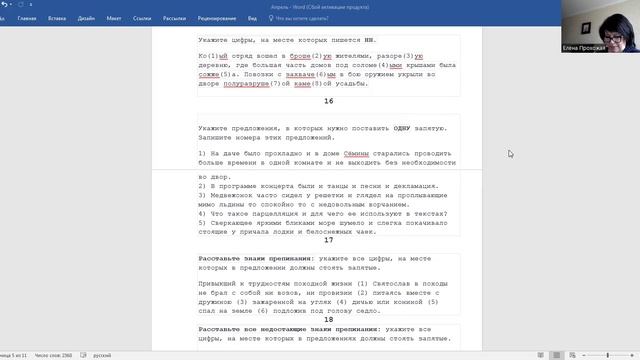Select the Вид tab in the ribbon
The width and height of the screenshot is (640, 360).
tap(253, 18)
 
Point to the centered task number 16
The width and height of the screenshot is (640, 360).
tap(329, 101)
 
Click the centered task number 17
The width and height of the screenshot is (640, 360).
tap(329, 240)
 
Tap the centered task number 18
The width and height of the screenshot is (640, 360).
tap(329, 318)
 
